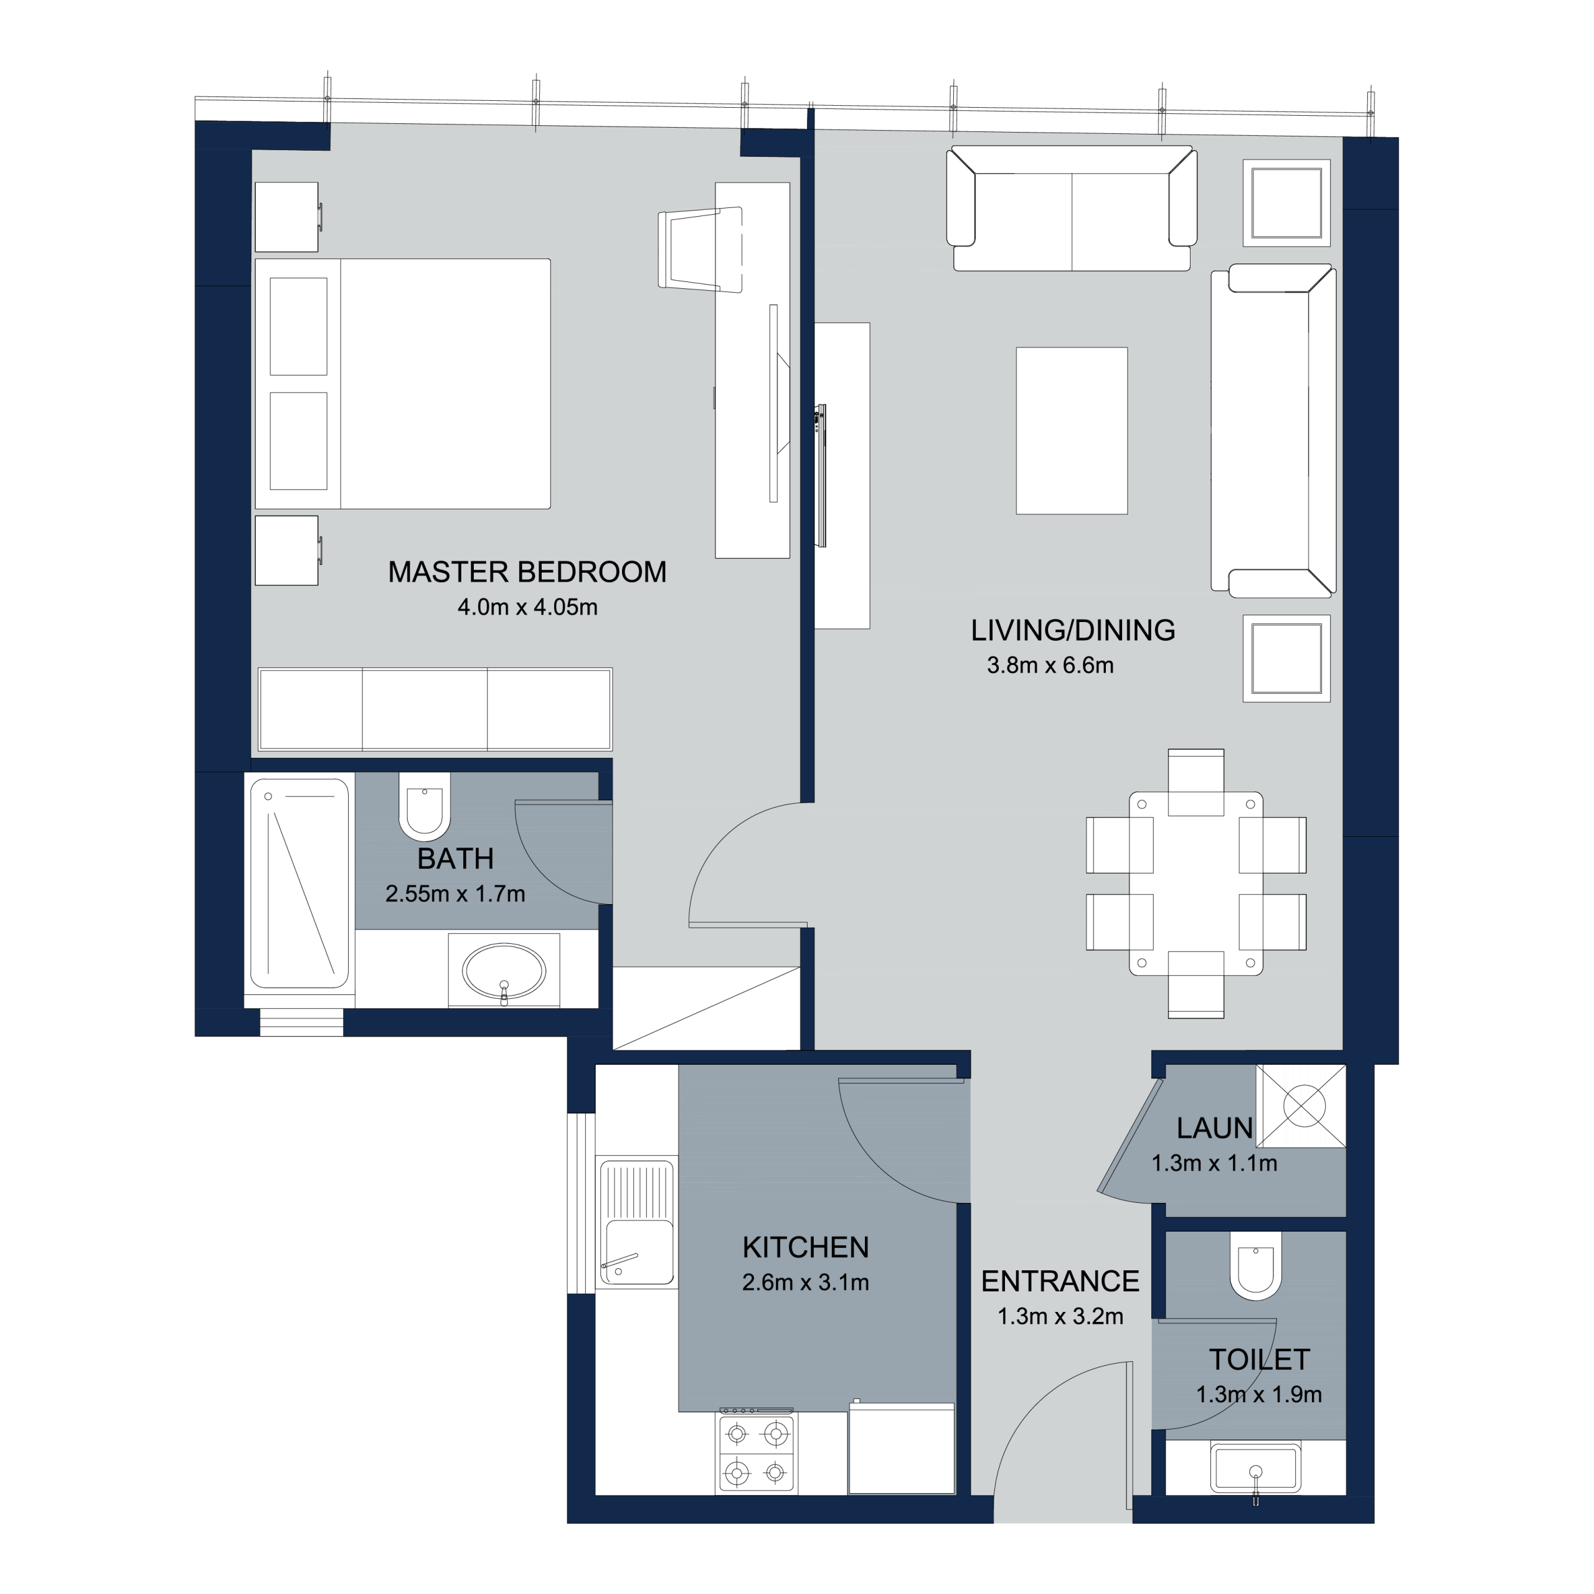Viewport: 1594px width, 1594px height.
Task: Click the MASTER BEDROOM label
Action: (527, 572)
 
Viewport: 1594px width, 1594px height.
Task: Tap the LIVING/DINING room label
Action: (1073, 630)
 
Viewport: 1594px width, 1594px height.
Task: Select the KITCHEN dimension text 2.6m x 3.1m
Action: (805, 1282)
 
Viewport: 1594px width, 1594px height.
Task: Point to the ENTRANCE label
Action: (1060, 1281)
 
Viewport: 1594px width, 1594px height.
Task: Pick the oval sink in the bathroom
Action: (503, 971)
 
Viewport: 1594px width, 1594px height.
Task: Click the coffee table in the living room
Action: (1072, 431)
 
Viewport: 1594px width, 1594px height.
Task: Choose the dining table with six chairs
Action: (1195, 884)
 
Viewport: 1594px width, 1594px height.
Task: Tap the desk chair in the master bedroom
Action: (700, 249)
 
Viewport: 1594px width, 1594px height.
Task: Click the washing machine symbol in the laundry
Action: (1301, 1106)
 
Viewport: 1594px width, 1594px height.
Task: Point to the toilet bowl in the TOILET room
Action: (1256, 1266)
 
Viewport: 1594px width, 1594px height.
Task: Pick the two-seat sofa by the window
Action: (1072, 209)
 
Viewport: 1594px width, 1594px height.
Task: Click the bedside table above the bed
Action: (287, 217)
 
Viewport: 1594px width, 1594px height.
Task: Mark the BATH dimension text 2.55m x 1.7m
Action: (455, 894)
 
